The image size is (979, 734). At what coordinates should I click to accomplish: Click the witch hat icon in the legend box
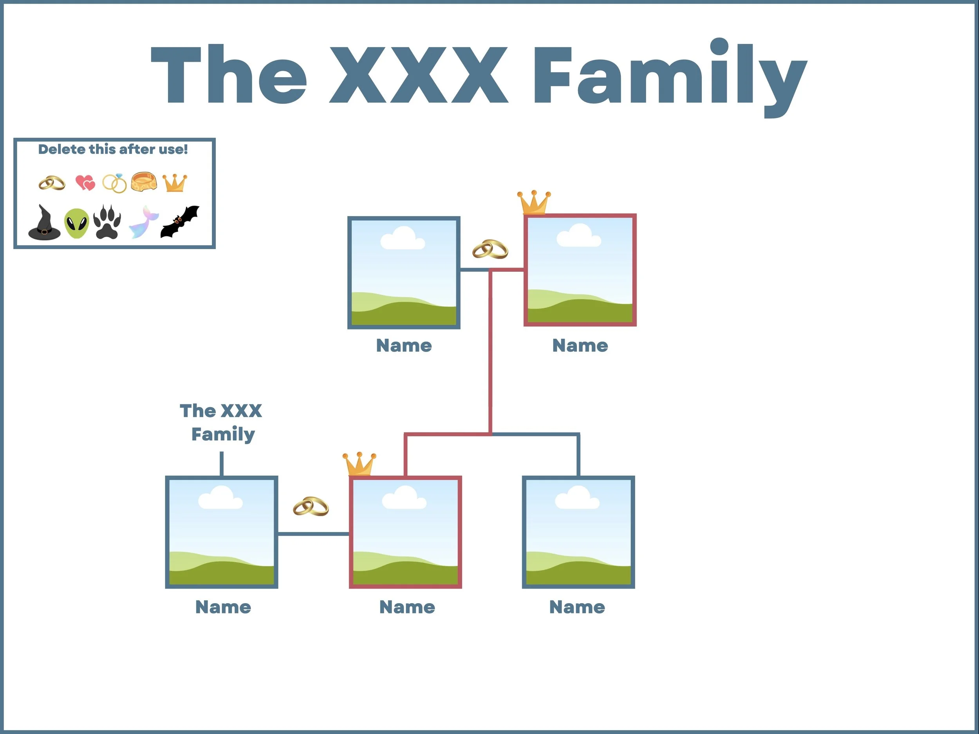point(44,223)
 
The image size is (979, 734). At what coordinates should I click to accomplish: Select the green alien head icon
point(77,224)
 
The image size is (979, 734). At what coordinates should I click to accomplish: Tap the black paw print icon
point(107,222)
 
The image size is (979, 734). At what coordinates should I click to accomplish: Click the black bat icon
point(179,221)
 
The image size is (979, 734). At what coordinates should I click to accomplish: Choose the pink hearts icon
point(85,183)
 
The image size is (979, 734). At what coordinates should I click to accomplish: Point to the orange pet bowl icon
point(144,181)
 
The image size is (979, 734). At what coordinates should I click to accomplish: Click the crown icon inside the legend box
point(175,183)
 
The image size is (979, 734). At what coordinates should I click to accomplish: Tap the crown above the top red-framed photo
point(534,203)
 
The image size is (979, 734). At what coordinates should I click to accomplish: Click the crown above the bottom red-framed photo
point(359,464)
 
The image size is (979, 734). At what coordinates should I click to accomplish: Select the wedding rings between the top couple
point(490,249)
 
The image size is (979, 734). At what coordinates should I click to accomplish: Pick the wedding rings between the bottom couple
point(311,506)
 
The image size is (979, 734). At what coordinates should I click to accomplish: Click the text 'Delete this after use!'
point(113,149)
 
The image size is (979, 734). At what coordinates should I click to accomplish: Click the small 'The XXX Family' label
point(221,422)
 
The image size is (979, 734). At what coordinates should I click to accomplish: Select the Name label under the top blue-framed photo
point(404,346)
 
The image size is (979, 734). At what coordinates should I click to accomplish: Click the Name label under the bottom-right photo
point(577,607)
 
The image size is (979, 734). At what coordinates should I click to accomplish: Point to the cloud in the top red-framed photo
point(578,236)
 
